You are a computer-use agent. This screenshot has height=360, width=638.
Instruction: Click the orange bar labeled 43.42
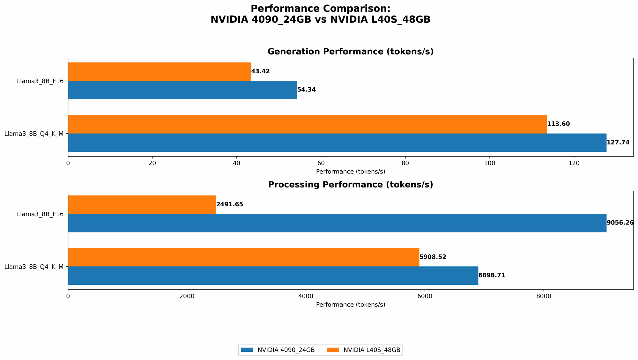tap(159, 71)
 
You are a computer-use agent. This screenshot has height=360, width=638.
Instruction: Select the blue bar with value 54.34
tap(182, 90)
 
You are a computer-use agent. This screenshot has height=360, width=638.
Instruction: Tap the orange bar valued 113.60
tap(307, 124)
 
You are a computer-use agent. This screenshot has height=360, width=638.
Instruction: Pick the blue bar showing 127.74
tap(337, 143)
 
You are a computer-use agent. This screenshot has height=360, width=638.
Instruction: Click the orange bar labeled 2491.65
tap(142, 204)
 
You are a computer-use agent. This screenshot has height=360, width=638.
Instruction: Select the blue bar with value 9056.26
tap(337, 223)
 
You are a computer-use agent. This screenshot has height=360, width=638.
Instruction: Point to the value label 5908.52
tap(433, 257)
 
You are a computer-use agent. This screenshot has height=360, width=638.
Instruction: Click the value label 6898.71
tap(492, 276)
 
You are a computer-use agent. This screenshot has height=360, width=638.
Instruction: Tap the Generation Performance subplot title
tap(350, 52)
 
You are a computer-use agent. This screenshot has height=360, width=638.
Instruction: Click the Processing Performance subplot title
tap(350, 185)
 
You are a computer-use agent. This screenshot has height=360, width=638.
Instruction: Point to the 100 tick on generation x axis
tap(489, 163)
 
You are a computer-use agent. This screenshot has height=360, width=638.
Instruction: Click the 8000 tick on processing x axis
tap(544, 296)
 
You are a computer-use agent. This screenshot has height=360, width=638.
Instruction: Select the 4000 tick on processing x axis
tap(306, 296)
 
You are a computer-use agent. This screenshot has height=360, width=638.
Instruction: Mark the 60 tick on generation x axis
tap(321, 163)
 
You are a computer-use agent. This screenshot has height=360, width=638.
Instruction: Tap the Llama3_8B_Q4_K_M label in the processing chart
tap(34, 267)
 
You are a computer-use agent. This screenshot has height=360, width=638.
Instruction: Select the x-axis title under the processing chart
tap(350, 305)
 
